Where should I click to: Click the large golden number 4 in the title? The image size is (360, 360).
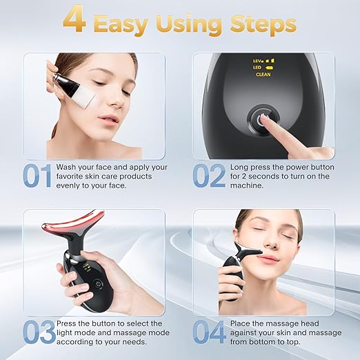click(75, 23)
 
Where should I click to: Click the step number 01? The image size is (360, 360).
click(36, 175)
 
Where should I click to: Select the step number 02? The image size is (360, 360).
click(209, 175)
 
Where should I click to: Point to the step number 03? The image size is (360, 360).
click(39, 332)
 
